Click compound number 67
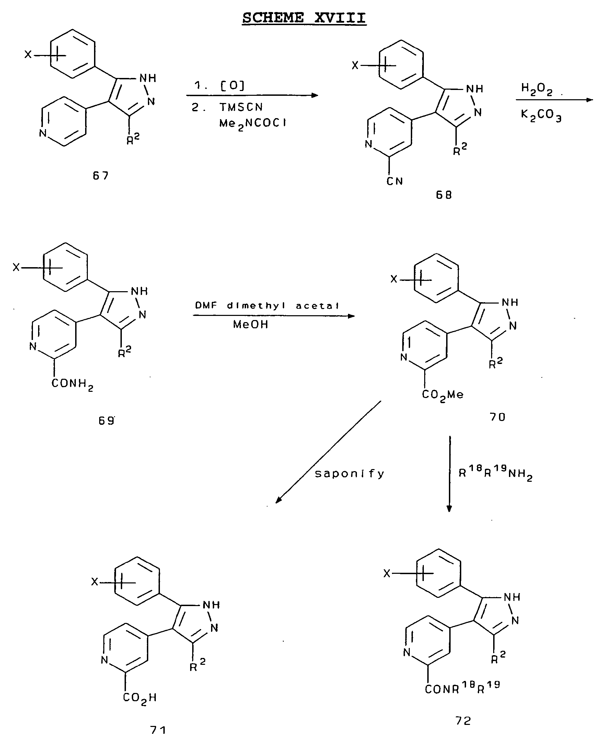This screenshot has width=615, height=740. [101, 175]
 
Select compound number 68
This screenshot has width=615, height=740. [444, 194]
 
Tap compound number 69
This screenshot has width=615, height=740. [106, 421]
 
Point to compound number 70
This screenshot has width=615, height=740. [498, 417]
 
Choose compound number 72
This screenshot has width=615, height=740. [463, 721]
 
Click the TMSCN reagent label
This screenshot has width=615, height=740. [241, 107]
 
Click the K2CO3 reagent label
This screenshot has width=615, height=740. [541, 115]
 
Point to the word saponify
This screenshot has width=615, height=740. [349, 474]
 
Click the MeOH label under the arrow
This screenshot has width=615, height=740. [251, 324]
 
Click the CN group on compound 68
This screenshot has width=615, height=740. [395, 181]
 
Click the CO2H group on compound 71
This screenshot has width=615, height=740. [140, 697]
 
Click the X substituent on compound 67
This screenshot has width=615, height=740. [28, 55]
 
